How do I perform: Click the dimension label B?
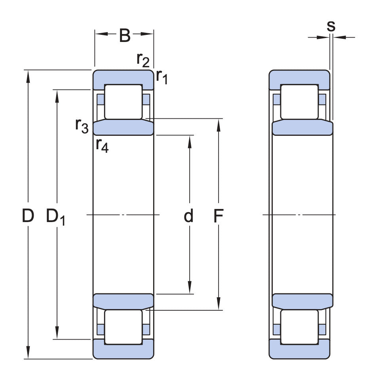(124, 36)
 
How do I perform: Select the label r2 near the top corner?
(143, 60)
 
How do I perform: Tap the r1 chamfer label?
(161, 76)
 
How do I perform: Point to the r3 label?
(82, 125)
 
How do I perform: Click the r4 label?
(102, 146)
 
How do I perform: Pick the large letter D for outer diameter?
(28, 216)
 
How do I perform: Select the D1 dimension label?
(55, 217)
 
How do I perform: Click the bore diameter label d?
(189, 216)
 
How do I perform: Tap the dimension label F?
(218, 216)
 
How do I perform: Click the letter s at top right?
(331, 26)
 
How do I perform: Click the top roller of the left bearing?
(123, 101)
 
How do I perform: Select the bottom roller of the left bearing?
(123, 327)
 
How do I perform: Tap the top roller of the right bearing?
(299, 101)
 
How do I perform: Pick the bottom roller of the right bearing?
(299, 327)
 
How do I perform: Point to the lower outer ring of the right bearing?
(299, 350)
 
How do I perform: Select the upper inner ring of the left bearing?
(123, 127)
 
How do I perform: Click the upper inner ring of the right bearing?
(302, 128)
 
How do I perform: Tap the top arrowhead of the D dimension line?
(28, 75)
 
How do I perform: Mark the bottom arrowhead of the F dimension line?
(218, 305)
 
